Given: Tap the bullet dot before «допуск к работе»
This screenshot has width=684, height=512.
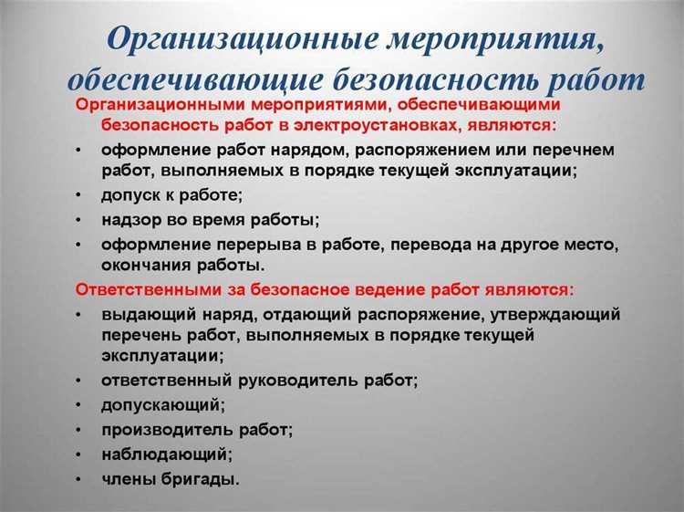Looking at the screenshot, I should click(x=81, y=195).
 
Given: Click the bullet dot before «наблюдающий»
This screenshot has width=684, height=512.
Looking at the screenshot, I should click(x=81, y=453).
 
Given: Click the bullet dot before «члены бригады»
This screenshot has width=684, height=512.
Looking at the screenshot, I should click(x=81, y=478).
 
